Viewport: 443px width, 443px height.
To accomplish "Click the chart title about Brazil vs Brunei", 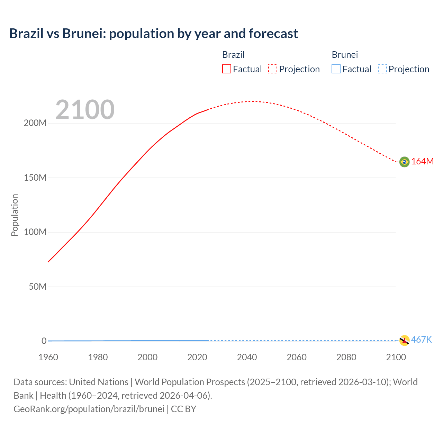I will pyautogui.click(x=153, y=34).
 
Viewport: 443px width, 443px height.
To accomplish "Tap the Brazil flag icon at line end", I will pyautogui.click(x=404, y=162).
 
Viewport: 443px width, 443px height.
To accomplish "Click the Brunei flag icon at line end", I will pyautogui.click(x=404, y=340).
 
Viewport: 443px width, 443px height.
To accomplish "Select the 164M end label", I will pyautogui.click(x=422, y=162).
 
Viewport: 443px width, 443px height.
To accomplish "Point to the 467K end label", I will pyautogui.click(x=421, y=340).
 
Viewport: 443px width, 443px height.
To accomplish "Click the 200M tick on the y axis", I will pyautogui.click(x=35, y=123).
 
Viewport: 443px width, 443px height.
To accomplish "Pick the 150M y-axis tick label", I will pyautogui.click(x=35, y=178).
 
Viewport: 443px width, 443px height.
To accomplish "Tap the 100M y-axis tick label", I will pyautogui.click(x=35, y=232).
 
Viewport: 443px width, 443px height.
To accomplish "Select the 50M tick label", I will pyautogui.click(x=37, y=287).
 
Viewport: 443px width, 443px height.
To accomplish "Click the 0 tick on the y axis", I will pyautogui.click(x=44, y=341).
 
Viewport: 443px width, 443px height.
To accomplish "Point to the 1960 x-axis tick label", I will pyautogui.click(x=48, y=357).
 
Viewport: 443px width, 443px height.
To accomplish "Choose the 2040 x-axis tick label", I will pyautogui.click(x=247, y=357).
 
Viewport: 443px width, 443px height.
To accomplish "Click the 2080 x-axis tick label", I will pyautogui.click(x=346, y=357).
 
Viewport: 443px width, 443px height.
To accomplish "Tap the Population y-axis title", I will pyautogui.click(x=15, y=215).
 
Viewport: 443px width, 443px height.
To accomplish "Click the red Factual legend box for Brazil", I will pyautogui.click(x=227, y=69).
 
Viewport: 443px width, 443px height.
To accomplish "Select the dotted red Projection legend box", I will pyautogui.click(x=273, y=69).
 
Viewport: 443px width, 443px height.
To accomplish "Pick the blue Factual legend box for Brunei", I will pyautogui.click(x=336, y=69).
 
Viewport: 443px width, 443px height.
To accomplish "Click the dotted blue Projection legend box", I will pyautogui.click(x=382, y=69).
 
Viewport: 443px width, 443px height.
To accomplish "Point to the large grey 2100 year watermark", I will pyautogui.click(x=85, y=110).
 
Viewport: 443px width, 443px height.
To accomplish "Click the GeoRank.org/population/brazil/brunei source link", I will pyautogui.click(x=89, y=409).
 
